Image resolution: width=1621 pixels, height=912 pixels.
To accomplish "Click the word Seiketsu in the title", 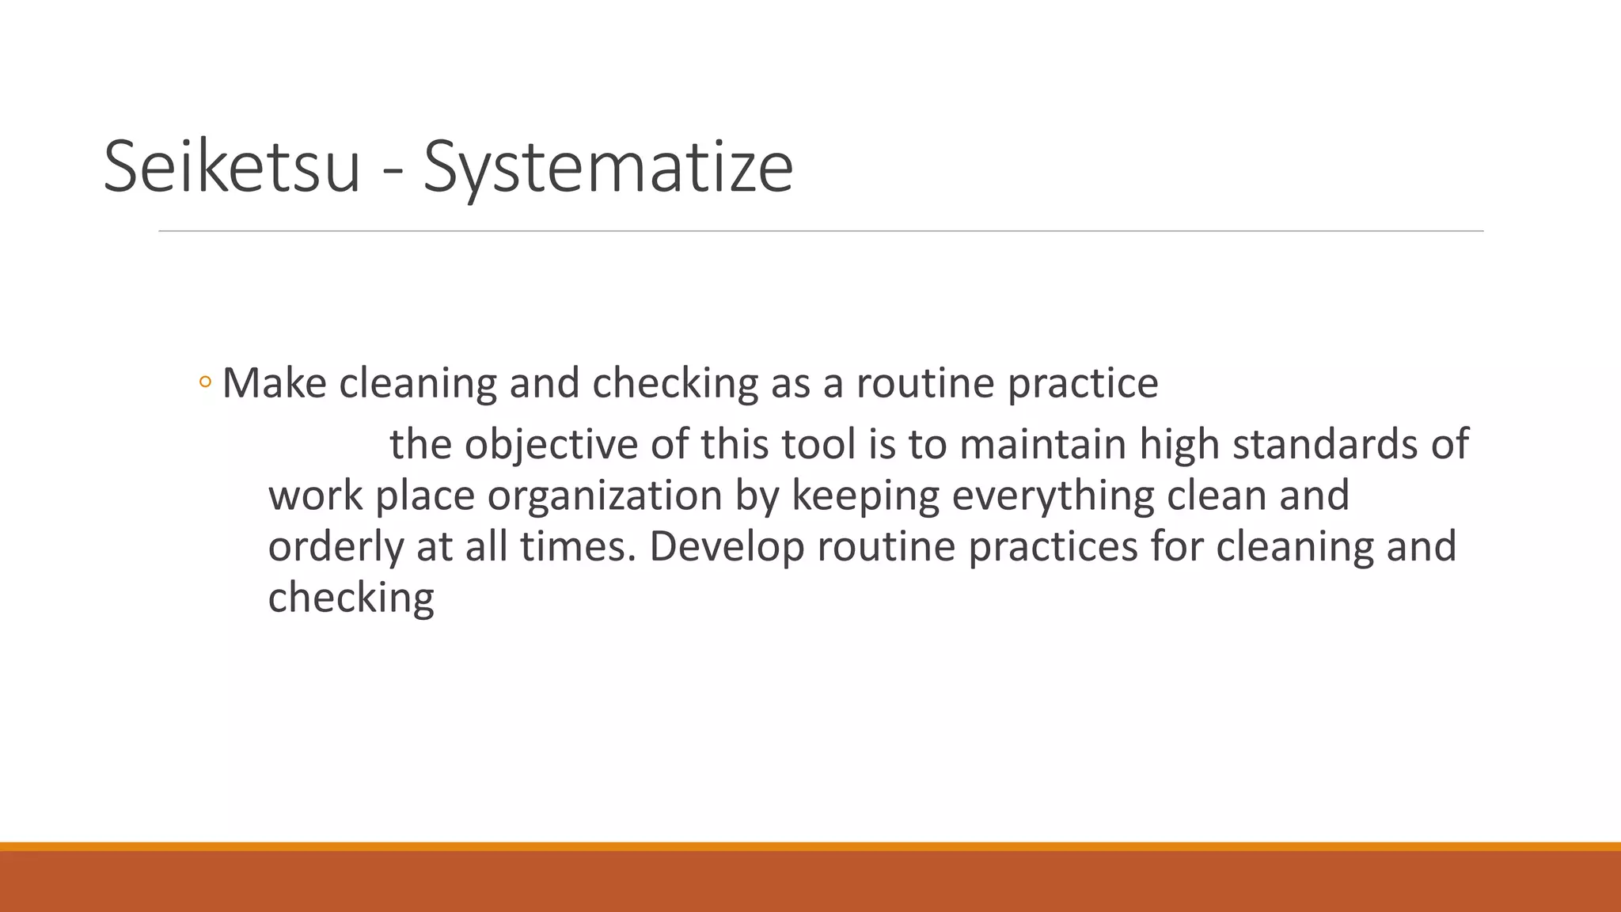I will pyautogui.click(x=232, y=166).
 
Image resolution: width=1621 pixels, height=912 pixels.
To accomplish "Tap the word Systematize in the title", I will pyautogui.click(x=608, y=168).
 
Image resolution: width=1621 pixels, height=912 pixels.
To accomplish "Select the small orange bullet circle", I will pyautogui.click(x=206, y=383).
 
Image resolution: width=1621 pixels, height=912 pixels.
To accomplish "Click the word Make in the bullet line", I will pyautogui.click(x=274, y=383).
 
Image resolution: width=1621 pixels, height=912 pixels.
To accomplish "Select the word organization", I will pyautogui.click(x=604, y=496).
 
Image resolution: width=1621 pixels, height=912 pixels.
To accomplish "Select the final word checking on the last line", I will pyautogui.click(x=351, y=598).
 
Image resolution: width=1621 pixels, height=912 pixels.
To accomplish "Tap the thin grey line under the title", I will pyautogui.click(x=821, y=231).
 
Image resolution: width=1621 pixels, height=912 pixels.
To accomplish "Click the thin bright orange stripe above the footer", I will pyautogui.click(x=810, y=846).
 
